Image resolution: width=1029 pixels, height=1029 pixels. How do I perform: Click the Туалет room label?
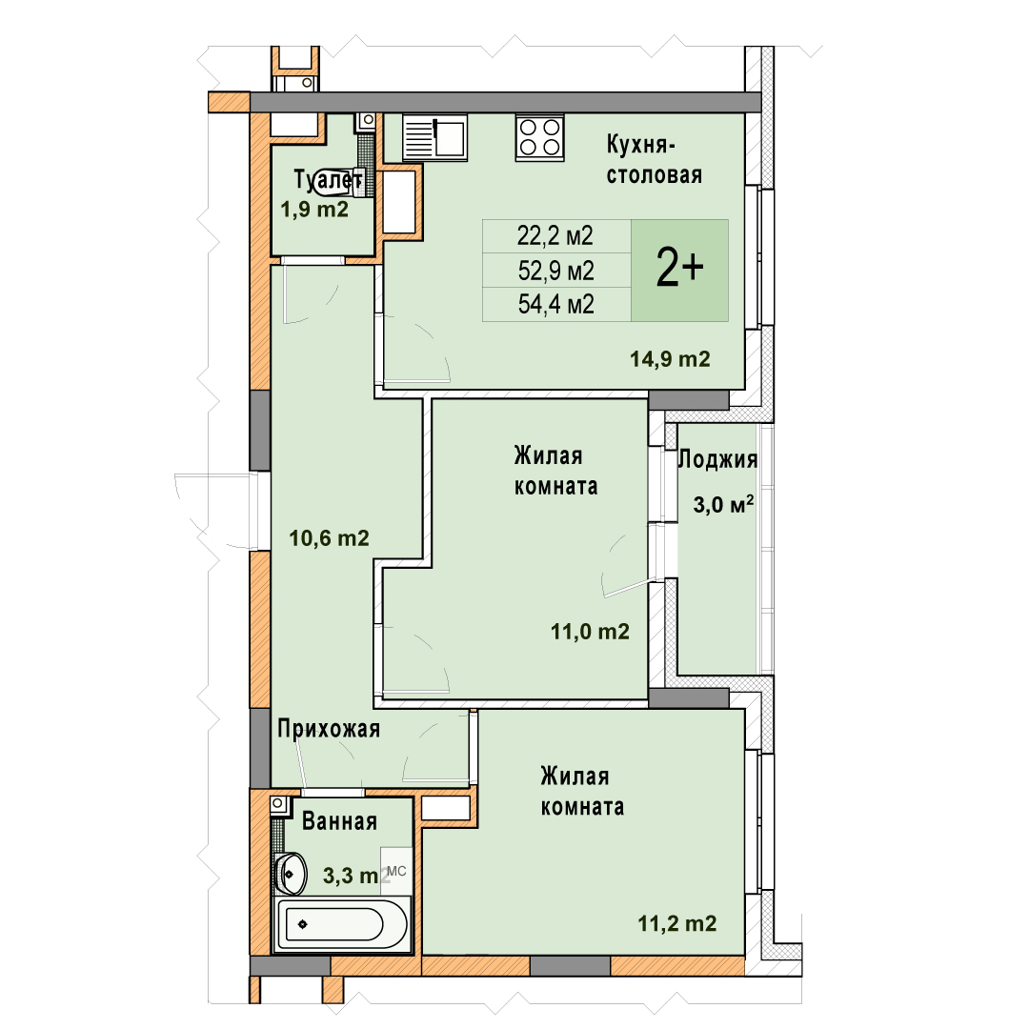[328, 179]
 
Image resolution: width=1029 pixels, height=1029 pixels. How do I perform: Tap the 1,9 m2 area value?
[314, 210]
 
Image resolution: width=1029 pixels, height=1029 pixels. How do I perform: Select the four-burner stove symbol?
[539, 137]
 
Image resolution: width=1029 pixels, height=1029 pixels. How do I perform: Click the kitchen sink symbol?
[434, 137]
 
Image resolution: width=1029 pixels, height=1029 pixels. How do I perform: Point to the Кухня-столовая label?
[655, 159]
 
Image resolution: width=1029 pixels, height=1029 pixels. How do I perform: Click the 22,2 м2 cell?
[555, 235]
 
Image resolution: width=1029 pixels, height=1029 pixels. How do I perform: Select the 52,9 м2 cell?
[555, 271]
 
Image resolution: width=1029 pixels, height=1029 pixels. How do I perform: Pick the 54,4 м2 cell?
[555, 305]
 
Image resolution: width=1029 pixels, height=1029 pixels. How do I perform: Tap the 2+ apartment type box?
[680, 271]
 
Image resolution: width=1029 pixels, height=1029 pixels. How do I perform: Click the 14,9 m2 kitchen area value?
[670, 359]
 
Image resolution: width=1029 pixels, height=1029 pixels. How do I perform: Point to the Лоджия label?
[717, 459]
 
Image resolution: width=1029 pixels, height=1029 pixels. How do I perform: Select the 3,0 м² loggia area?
[723, 504]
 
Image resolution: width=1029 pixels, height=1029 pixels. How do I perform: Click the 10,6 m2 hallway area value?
[329, 538]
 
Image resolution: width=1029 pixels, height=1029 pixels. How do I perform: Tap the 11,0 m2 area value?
[590, 632]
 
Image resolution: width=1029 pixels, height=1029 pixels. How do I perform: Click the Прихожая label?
[329, 729]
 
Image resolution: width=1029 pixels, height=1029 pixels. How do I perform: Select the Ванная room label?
[339, 821]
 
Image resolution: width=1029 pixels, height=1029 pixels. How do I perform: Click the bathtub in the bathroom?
[340, 925]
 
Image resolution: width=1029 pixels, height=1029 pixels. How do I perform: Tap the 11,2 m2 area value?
[677, 923]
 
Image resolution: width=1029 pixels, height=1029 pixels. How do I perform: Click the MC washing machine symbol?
[396, 872]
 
